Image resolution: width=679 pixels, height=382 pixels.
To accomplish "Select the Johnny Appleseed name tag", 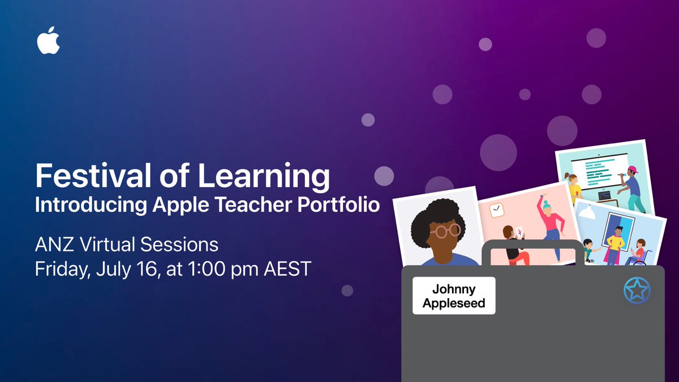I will tap(454, 295).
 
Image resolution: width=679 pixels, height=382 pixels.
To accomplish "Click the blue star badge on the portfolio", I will tap(637, 291).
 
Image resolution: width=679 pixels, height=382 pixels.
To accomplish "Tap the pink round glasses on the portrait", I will tap(446, 231).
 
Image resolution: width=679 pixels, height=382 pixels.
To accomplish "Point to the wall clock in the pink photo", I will tap(496, 211).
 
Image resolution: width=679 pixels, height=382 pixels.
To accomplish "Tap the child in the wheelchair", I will tap(638, 253).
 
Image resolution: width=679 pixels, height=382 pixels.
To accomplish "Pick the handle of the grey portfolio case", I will tap(532, 249).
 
